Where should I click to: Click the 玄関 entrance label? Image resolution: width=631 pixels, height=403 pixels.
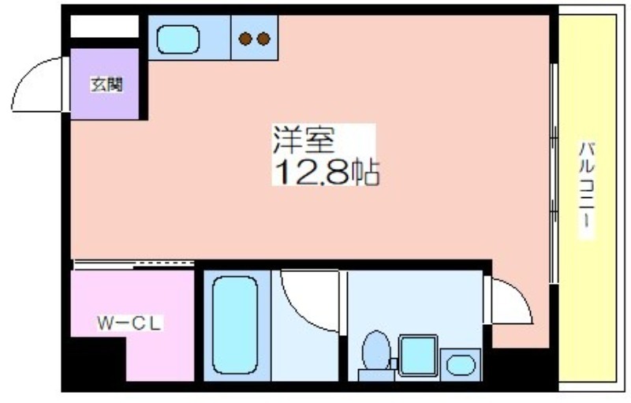point(106,84)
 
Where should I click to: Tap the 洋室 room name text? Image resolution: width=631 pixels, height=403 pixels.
point(304,139)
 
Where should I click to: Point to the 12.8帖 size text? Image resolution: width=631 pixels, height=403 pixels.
point(327,172)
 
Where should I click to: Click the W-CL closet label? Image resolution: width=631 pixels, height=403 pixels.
point(129,323)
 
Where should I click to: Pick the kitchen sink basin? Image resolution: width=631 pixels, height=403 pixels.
point(178,39)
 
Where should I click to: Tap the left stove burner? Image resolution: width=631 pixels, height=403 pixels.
point(245,39)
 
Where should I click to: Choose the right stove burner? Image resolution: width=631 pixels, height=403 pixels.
point(263,39)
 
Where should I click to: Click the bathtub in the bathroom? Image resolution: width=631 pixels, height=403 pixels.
point(235,325)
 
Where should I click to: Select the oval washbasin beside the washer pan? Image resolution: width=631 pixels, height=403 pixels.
point(461,365)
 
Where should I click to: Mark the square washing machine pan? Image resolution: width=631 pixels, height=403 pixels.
point(418,355)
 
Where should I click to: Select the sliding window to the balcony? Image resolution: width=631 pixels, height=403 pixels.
point(554,173)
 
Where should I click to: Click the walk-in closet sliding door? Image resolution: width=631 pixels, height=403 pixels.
point(134,264)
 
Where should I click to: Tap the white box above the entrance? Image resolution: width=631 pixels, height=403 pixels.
point(105,27)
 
